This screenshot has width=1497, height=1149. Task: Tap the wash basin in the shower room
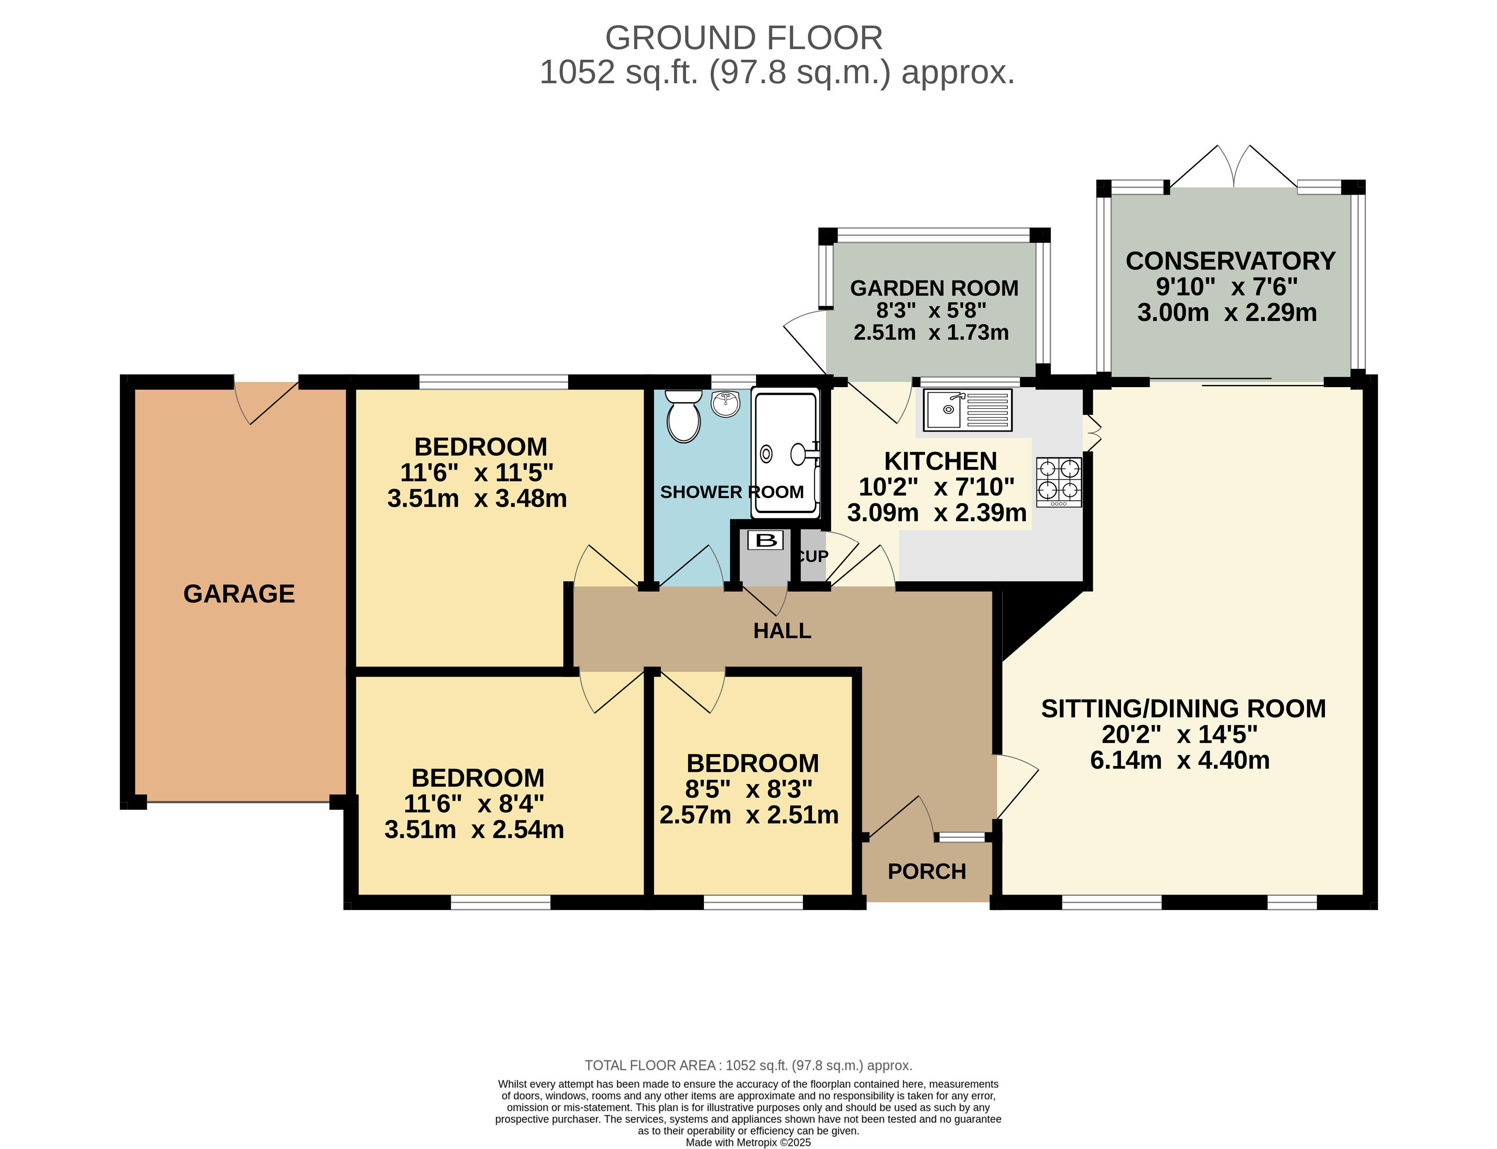pos(726,403)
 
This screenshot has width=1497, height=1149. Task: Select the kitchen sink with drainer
pos(967,410)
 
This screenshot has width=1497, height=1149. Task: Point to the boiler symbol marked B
pos(766,540)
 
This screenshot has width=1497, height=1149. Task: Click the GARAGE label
pos(239,594)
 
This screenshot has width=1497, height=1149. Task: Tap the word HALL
pos(782,630)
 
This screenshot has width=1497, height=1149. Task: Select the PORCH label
pos(927,871)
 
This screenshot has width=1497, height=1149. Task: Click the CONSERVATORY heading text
pos(1230,261)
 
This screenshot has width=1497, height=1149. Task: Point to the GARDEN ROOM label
pos(934,288)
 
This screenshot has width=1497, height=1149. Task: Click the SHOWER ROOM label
pos(732,492)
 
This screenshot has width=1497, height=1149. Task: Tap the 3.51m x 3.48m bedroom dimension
pos(477,499)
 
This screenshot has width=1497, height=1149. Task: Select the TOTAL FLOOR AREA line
pos(748,1065)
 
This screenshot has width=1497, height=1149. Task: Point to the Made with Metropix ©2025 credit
pos(748,1142)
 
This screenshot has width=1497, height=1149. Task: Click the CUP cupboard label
pos(812,556)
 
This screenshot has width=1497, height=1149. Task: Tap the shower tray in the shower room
pos(785,452)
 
